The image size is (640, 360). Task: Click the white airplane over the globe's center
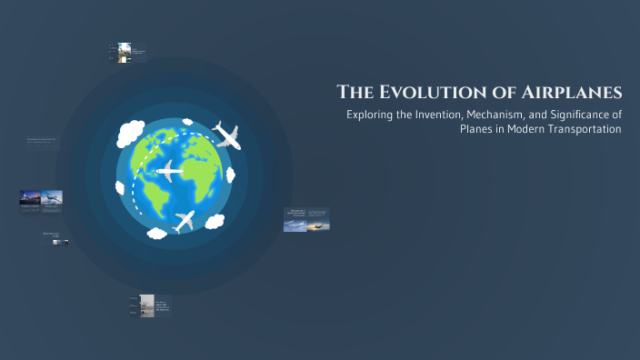170,170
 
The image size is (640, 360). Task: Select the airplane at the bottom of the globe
184,220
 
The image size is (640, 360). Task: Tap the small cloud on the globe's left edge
120,187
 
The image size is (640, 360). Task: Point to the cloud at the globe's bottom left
156,233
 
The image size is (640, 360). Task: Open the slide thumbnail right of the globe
306,219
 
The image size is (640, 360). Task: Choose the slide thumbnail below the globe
147,305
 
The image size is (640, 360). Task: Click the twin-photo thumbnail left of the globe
41,198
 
